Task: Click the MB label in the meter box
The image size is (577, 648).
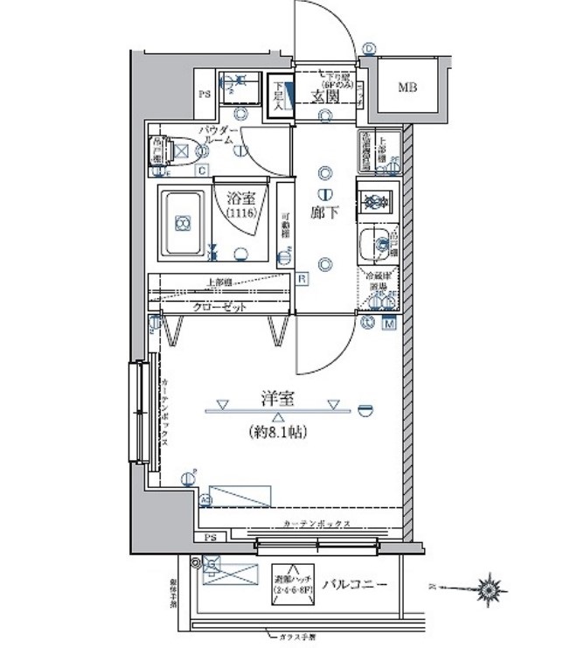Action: [407, 87]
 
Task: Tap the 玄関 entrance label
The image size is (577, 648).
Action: [325, 97]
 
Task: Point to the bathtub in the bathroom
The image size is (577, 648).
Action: [182, 224]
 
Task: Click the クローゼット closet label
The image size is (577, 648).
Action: [219, 309]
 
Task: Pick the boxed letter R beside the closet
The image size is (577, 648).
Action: [302, 279]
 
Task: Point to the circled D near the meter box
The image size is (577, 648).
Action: [370, 50]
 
